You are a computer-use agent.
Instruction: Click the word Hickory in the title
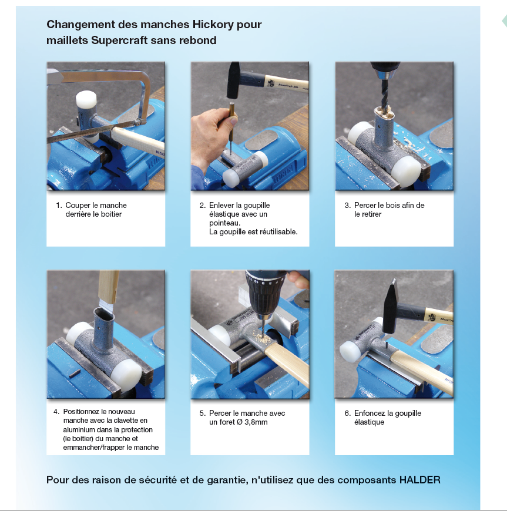[x=213, y=25]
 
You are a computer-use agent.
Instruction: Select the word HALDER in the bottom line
[x=420, y=480]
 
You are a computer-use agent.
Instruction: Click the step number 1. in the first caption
[x=59, y=206]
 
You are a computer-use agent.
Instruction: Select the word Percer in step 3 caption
[x=365, y=206]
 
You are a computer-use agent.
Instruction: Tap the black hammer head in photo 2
[x=233, y=80]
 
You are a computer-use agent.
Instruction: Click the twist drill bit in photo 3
[x=385, y=95]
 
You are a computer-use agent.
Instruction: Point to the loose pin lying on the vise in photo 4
[x=75, y=374]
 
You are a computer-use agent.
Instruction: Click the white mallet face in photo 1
[x=86, y=99]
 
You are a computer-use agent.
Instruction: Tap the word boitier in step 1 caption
[x=111, y=214]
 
